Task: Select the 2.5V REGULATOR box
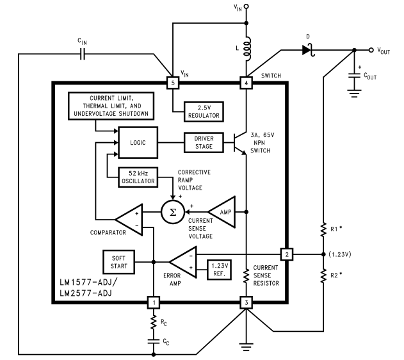click(x=204, y=111)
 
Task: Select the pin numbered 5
click(x=172, y=83)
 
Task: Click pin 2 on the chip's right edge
click(x=287, y=254)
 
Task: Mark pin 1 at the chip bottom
click(x=154, y=302)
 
